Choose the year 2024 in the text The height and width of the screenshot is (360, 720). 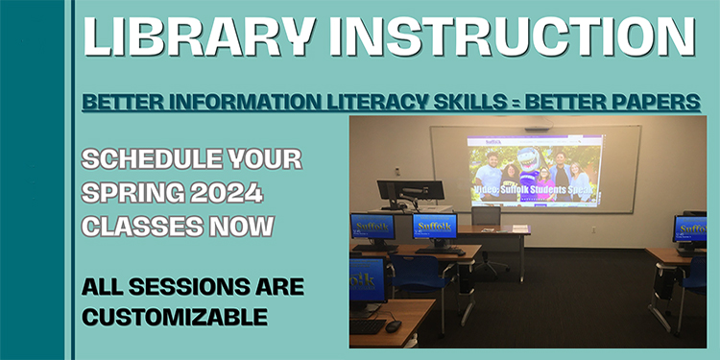(x=227, y=193)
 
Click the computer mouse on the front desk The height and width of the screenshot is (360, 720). (x=393, y=325)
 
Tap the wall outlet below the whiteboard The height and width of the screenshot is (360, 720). (x=592, y=229)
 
